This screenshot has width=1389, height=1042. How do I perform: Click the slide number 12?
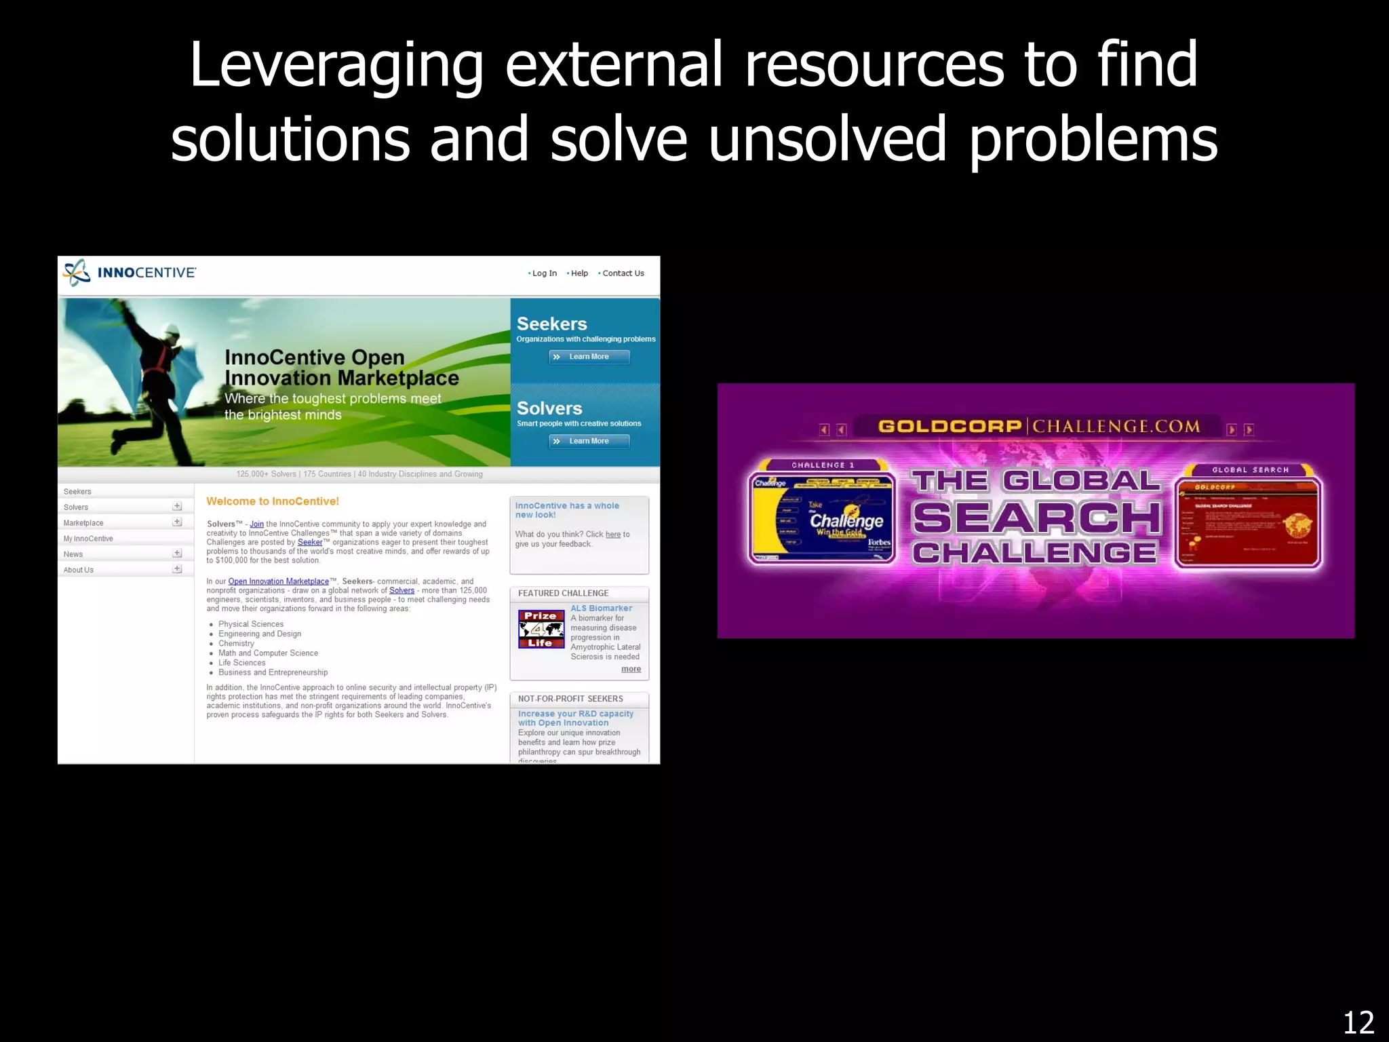pos(1358,1022)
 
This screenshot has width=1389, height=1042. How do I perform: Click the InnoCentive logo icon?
pos(77,273)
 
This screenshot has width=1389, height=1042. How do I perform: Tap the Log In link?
pos(544,273)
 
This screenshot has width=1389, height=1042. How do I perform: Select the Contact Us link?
pos(623,273)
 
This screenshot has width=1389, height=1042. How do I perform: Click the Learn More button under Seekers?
pos(589,357)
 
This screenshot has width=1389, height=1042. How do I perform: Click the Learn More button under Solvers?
pos(589,442)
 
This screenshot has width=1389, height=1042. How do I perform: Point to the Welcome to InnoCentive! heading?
pos(273,501)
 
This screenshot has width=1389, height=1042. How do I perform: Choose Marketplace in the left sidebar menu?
pos(83,523)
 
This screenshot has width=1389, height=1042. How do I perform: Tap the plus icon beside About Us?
pos(177,569)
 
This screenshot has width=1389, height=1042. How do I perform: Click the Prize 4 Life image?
pos(541,629)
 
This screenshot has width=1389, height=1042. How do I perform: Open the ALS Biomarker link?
pos(601,609)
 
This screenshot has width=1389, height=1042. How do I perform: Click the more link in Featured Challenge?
pos(631,669)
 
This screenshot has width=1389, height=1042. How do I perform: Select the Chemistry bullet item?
pos(236,643)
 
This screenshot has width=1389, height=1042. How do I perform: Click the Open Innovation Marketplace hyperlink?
pos(278,581)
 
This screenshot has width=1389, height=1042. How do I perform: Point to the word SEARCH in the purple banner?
pos(1037,518)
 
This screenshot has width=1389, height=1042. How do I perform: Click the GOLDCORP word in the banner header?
pos(950,427)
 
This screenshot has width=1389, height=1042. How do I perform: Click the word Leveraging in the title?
pos(336,66)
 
